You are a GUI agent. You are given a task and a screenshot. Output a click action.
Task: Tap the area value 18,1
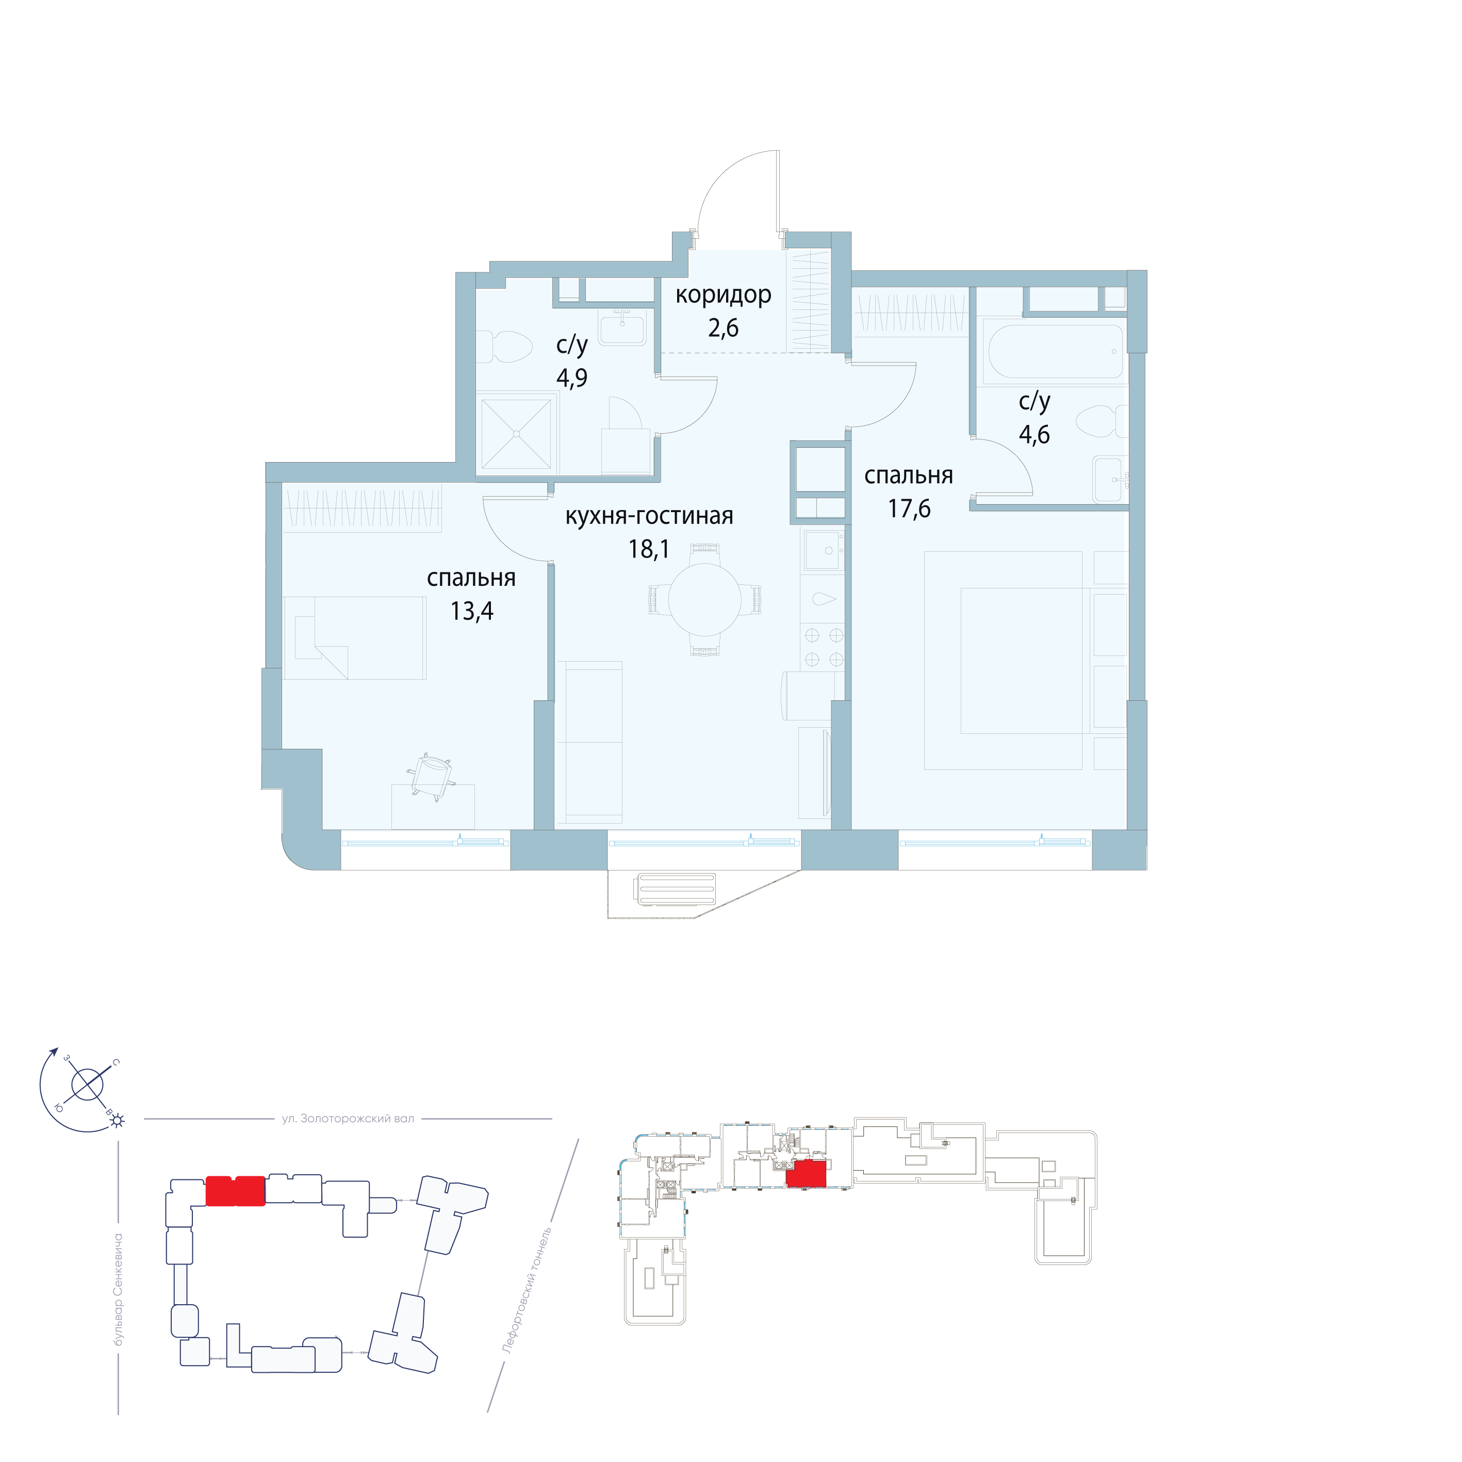(x=649, y=549)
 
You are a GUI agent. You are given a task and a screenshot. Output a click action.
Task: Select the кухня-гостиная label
(x=649, y=516)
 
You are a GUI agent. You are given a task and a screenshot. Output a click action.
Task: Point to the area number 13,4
(x=471, y=611)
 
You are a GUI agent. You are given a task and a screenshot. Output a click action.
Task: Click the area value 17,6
(x=909, y=508)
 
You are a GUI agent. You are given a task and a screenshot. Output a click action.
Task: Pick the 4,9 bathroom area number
(x=571, y=377)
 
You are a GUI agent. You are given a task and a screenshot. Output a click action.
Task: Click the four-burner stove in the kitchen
(x=824, y=648)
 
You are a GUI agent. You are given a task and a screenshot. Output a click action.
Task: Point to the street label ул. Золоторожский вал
(x=348, y=1119)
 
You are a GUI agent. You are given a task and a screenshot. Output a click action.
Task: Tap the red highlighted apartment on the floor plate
(x=806, y=1174)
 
